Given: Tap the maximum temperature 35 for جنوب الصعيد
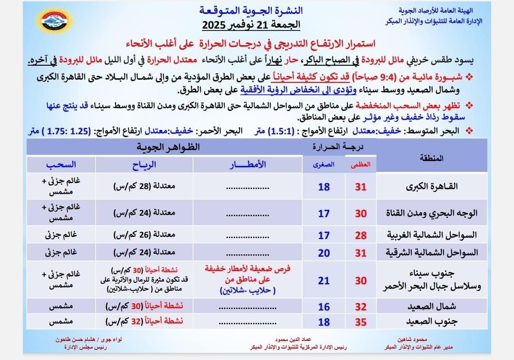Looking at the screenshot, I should click(361, 322).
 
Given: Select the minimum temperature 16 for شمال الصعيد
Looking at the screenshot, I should click(324, 306).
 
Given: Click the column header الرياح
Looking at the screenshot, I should click(144, 164).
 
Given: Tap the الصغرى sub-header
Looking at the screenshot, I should click(324, 164).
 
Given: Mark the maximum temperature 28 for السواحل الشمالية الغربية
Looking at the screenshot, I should click(361, 235).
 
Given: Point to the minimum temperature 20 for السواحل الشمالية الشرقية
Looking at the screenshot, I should click(324, 252).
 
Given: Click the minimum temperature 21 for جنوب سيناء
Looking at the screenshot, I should click(324, 281).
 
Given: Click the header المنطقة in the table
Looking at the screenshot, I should click(432, 157).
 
